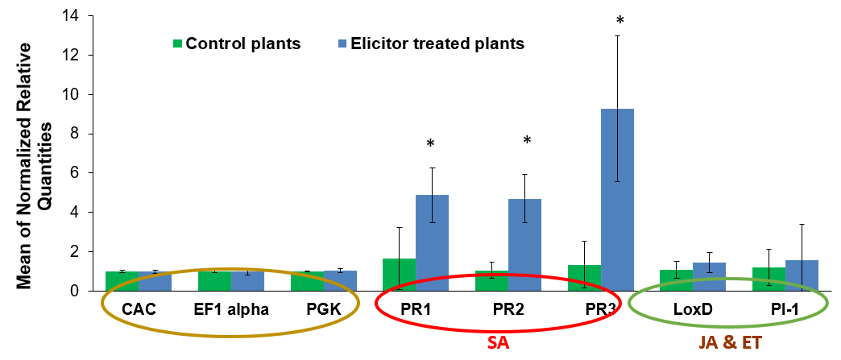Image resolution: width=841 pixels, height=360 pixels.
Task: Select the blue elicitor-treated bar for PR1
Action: (432, 242)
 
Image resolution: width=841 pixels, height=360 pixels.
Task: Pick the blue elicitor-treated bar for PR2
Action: (524, 245)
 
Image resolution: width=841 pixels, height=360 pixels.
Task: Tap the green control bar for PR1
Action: (399, 275)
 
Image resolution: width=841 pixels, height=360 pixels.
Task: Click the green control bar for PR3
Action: (584, 278)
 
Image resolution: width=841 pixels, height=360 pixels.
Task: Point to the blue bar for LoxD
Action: (710, 276)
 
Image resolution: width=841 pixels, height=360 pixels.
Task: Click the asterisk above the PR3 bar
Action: (620, 19)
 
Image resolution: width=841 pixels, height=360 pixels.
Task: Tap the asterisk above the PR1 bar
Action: (431, 145)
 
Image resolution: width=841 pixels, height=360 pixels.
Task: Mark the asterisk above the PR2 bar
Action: (527, 142)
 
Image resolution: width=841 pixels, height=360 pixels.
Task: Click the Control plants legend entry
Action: (236, 43)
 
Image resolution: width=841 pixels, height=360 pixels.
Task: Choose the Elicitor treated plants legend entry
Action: (431, 43)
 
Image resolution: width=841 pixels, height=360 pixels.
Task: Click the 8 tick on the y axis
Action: (83, 134)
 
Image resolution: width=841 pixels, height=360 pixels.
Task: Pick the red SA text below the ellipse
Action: (499, 344)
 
